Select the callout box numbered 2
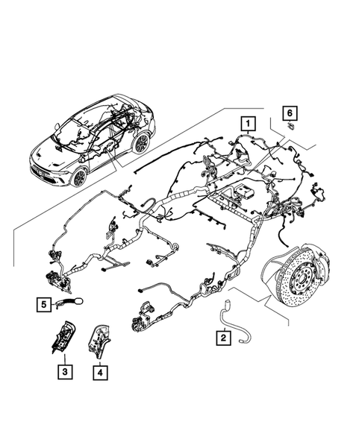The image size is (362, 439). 222,338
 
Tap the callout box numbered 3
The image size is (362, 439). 66,369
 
